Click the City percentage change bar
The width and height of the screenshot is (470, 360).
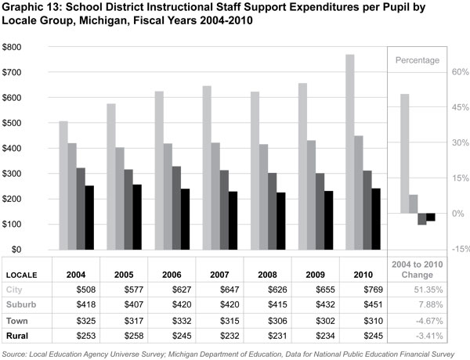pos(404,153)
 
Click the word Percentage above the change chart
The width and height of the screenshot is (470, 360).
pos(417,59)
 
